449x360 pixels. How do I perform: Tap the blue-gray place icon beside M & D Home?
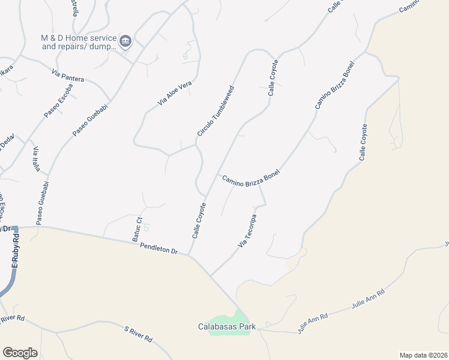125,41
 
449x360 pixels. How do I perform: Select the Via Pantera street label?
68,76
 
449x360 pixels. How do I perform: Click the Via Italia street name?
37,159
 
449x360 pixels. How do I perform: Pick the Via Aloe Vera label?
174,94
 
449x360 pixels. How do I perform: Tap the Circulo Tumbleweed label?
215,110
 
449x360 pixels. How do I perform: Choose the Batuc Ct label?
138,228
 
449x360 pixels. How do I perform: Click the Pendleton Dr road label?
160,248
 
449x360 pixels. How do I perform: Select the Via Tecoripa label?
247,231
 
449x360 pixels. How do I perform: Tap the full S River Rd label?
138,334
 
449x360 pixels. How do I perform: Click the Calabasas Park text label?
228,327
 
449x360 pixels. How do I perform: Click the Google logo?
20,352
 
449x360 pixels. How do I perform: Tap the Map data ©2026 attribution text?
423,355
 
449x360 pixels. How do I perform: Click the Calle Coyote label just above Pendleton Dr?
199,221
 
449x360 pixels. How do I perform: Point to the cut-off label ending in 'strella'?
74,9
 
